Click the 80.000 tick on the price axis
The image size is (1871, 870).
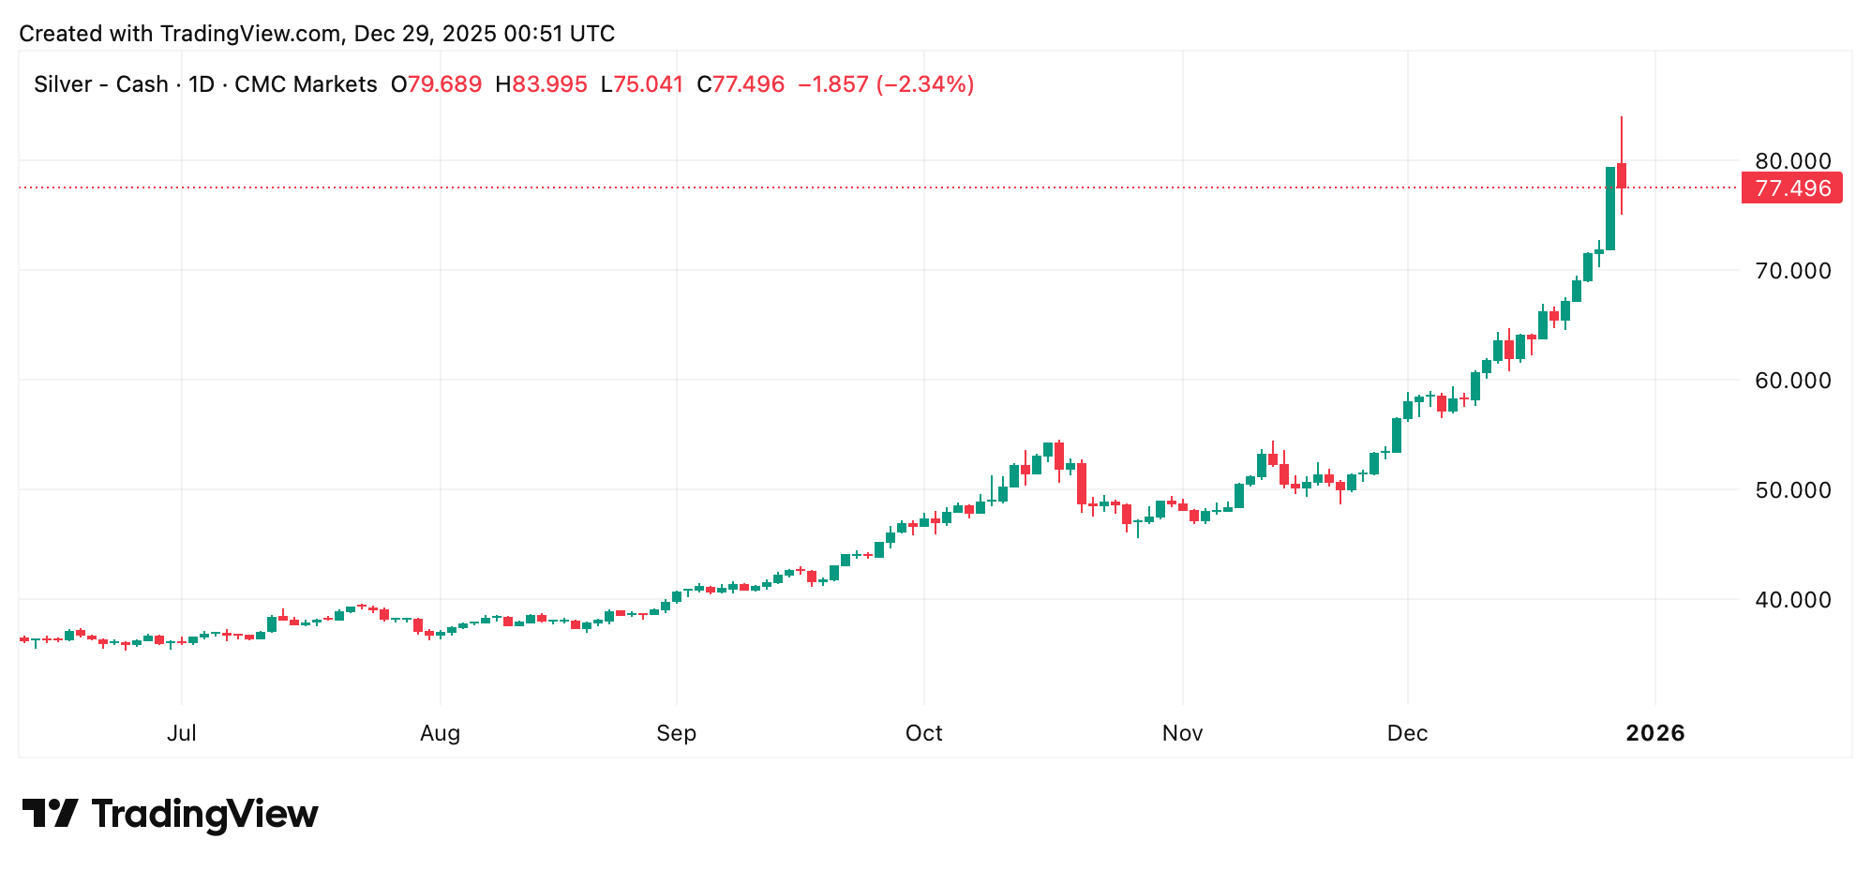1792,161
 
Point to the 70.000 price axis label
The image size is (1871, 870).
1792,271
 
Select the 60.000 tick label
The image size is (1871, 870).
1792,381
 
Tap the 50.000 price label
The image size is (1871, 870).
1792,490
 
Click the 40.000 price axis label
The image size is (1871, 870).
1792,600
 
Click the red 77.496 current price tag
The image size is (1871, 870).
1791,188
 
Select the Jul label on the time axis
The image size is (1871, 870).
182,733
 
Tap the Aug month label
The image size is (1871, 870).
440,733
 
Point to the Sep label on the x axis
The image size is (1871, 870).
676,733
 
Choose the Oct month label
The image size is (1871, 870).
923,733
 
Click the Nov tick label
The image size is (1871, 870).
1182,733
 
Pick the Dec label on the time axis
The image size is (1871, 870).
1407,733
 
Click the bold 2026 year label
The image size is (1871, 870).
1654,733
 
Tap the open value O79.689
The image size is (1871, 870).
436,84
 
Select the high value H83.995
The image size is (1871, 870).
541,84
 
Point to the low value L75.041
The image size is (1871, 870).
641,84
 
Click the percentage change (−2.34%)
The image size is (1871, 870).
924,84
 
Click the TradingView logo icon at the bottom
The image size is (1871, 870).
50,813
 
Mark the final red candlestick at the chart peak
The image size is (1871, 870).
1621,175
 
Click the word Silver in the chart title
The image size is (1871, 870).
63,84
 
